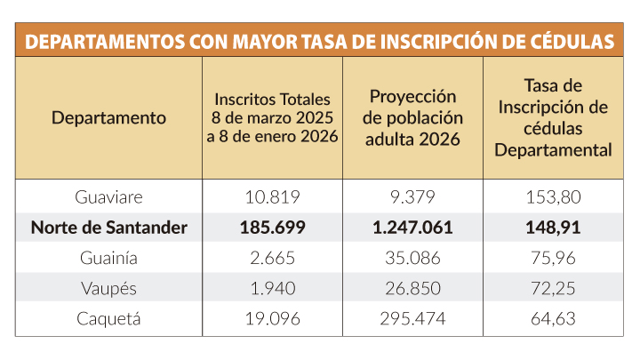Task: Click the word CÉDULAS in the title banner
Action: click(568, 42)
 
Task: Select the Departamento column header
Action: click(108, 117)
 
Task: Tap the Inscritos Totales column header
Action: click(272, 117)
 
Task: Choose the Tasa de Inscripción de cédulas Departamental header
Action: click(553, 117)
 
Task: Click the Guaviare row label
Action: click(108, 196)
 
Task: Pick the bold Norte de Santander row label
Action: click(108, 228)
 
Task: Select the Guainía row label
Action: click(108, 259)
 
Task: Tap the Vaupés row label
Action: click(108, 289)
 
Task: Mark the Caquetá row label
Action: click(108, 319)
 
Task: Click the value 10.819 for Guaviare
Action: click(272, 196)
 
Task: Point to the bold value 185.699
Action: click(272, 228)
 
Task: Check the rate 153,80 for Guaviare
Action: click(553, 196)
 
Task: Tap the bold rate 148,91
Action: click(553, 228)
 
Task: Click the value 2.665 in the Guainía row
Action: click(272, 259)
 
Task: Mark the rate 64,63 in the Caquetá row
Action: click(553, 319)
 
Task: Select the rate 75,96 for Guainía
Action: click(553, 259)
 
